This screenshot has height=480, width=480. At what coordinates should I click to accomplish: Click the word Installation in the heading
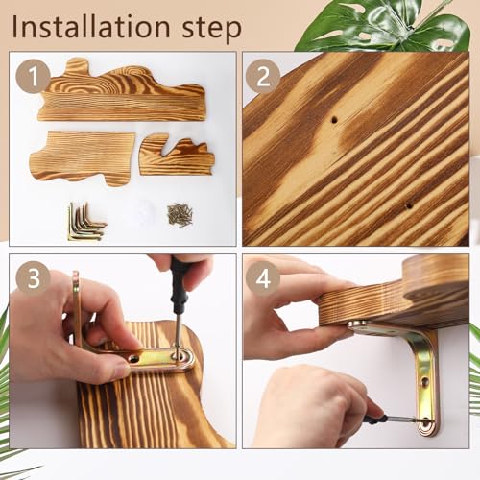(91, 27)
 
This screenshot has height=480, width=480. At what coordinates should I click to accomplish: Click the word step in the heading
(211, 29)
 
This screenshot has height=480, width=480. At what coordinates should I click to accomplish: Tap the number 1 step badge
(33, 76)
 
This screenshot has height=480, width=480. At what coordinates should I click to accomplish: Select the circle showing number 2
(263, 76)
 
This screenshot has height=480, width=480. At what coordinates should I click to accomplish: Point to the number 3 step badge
(33, 278)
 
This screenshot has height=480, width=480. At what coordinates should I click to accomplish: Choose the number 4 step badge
(263, 278)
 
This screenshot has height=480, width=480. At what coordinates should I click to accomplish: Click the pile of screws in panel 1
(180, 214)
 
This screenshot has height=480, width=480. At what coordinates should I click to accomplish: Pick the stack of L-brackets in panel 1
(86, 222)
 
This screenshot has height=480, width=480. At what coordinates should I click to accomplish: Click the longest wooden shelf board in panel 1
(122, 90)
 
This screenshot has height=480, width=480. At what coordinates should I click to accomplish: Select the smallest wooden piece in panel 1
(177, 156)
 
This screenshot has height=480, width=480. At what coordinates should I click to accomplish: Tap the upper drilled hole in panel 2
(334, 120)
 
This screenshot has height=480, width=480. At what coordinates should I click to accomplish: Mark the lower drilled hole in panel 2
(409, 205)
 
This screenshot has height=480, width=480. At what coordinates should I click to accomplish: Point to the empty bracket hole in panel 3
(134, 358)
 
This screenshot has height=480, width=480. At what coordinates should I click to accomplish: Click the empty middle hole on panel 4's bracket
(425, 382)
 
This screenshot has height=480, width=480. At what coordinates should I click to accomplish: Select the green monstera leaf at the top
(384, 26)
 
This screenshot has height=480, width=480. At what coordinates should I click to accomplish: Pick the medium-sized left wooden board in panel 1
(83, 156)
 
